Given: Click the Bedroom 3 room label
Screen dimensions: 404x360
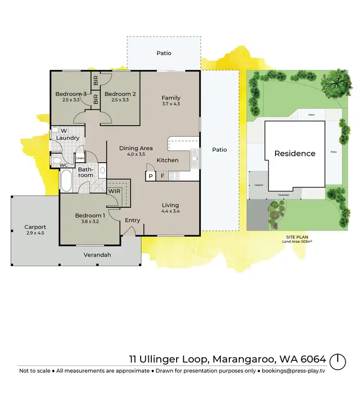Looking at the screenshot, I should (71, 94).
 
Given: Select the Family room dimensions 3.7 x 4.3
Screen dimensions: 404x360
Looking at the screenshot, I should (171, 104).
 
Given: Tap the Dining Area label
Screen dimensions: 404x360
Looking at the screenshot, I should (136, 148).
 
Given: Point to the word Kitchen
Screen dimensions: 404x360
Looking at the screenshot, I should (168, 160).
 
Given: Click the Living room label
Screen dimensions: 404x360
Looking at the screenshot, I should (170, 204).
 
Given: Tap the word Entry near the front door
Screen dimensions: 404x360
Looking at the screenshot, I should (132, 220).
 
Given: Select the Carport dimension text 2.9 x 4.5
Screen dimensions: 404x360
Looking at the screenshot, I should (35, 233).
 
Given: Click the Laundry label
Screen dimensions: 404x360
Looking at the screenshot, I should (67, 138).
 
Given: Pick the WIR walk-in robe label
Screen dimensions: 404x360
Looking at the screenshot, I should (114, 191).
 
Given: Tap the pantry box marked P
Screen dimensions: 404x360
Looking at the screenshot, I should (150, 177).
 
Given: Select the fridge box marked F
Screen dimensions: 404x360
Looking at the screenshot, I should (162, 177).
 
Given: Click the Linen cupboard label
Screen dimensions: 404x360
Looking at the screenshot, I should (80, 158).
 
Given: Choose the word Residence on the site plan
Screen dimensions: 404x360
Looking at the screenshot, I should (295, 154).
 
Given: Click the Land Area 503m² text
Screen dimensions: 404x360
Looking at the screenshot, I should (297, 241).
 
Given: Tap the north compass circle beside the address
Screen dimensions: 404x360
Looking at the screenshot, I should (338, 361).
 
